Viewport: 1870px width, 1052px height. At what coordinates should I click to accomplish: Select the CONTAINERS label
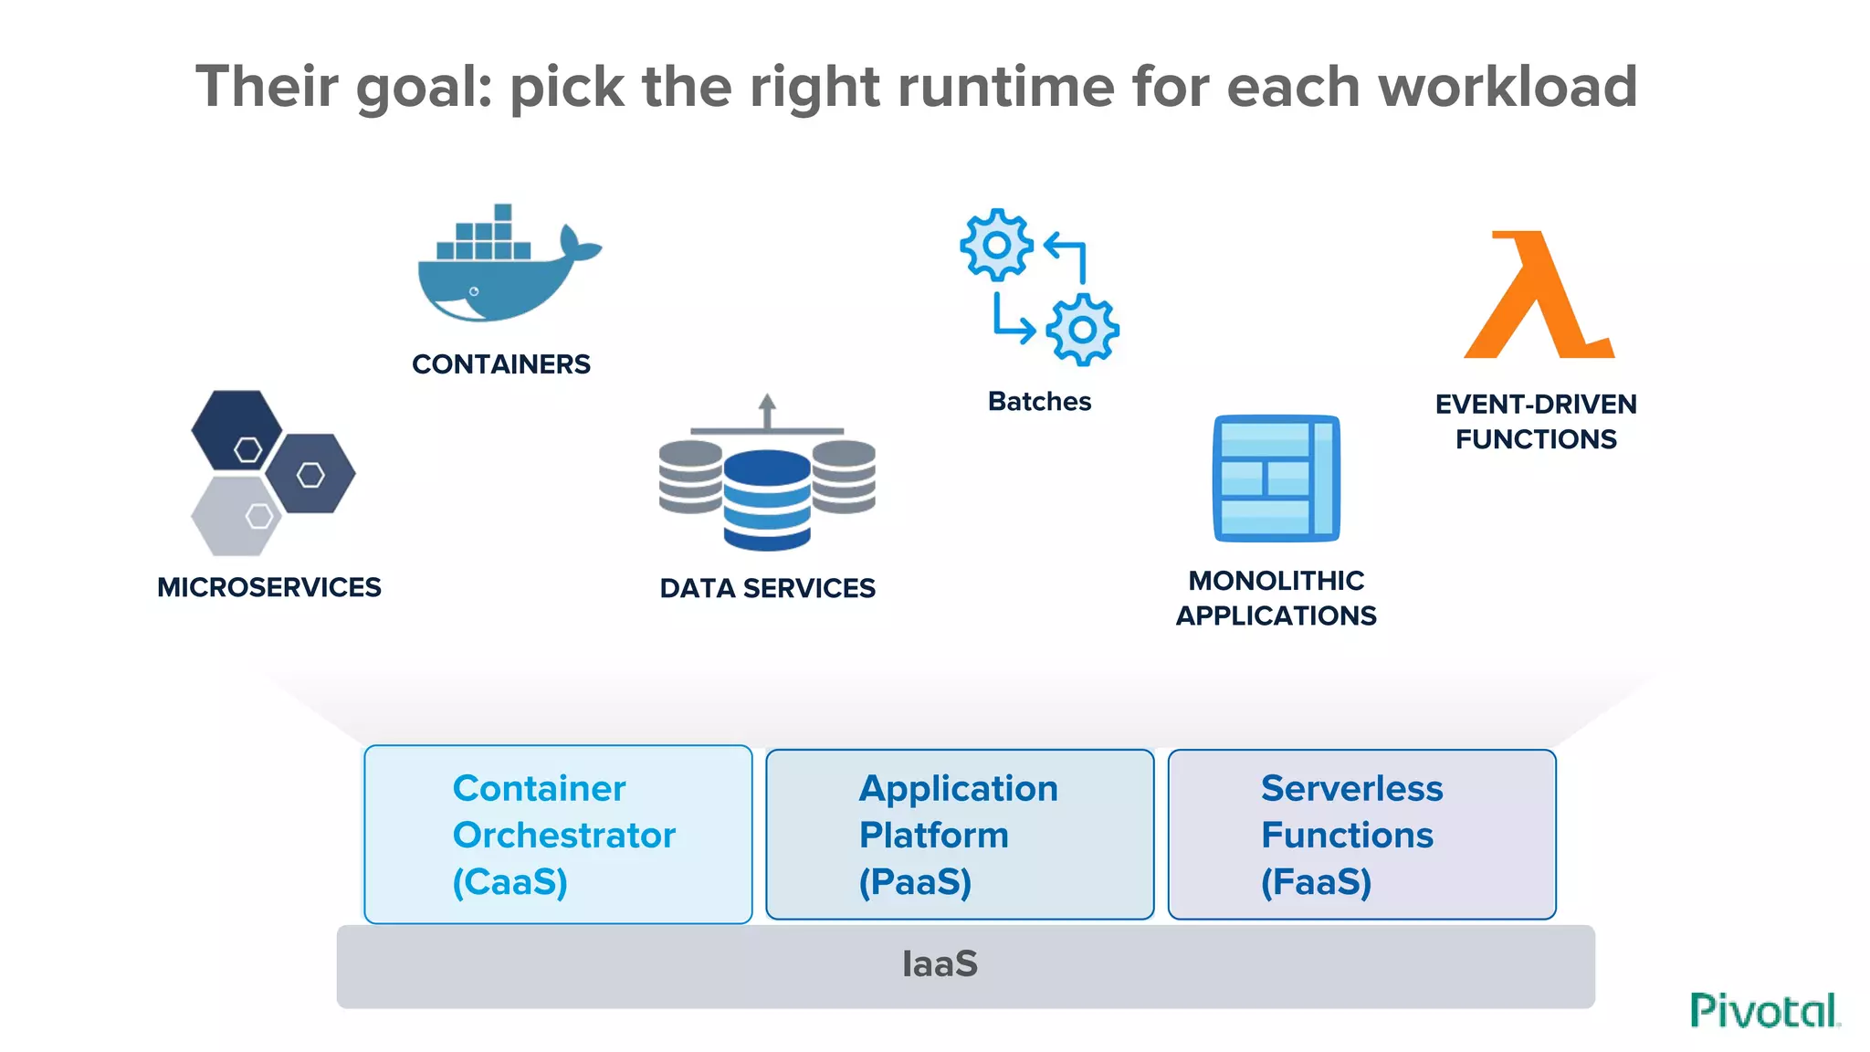point(500,364)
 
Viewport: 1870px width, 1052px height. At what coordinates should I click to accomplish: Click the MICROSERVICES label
point(268,587)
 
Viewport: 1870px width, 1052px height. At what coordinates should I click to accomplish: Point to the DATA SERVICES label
point(767,588)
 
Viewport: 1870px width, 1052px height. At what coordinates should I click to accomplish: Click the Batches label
point(1039,402)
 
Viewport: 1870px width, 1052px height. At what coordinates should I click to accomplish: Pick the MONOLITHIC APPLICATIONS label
point(1276,598)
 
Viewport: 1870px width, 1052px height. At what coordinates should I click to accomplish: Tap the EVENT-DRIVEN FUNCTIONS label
point(1536,422)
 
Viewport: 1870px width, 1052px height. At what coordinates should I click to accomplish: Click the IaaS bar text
point(940,964)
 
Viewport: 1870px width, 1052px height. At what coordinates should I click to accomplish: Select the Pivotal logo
point(1764,1011)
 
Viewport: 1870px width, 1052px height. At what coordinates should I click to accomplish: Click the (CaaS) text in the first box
point(510,882)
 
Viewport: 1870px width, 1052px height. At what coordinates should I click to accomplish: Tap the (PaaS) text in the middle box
point(915,882)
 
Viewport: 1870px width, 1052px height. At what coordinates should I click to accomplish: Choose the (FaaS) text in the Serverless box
point(1316,882)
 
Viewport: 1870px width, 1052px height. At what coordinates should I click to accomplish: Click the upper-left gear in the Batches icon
point(996,245)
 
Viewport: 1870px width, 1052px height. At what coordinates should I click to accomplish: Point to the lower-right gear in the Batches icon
point(1082,330)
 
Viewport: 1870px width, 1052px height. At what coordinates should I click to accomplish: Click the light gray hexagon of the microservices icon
point(236,517)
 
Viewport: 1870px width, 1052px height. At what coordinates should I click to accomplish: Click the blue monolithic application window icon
point(1276,479)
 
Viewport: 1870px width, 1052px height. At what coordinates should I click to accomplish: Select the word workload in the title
point(1507,87)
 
